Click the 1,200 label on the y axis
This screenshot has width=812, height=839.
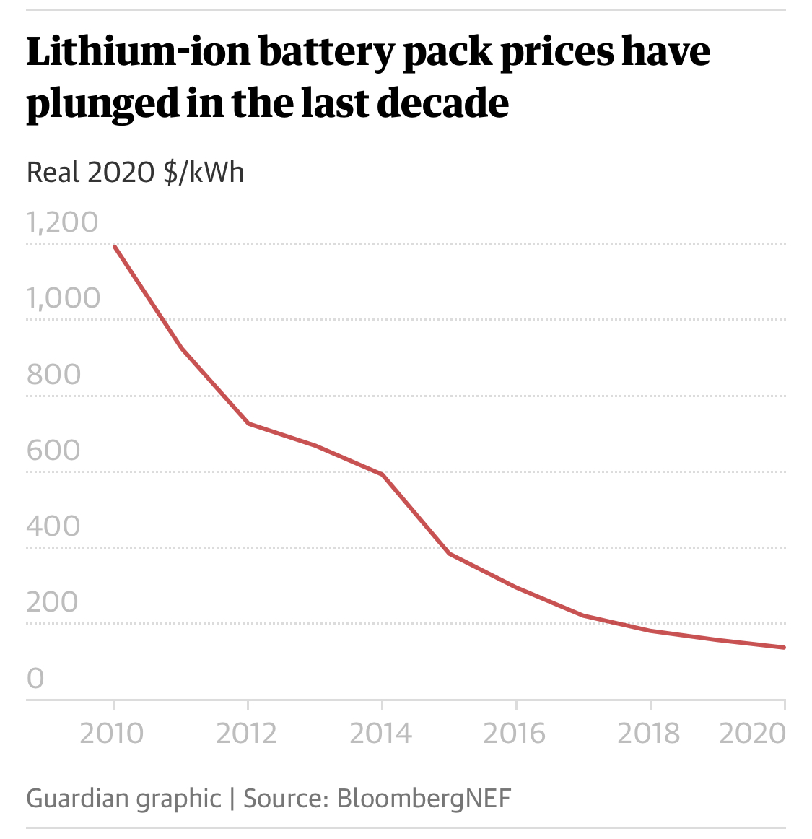(x=62, y=222)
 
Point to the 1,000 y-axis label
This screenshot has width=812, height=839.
(x=64, y=297)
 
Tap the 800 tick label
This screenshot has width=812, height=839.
(x=53, y=374)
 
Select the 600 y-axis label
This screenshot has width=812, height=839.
(x=53, y=450)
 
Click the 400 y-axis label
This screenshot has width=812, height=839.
(x=53, y=526)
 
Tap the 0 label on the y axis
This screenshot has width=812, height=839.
(x=35, y=678)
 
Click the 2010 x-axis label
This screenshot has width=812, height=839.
(x=112, y=733)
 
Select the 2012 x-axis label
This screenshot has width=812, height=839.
(x=247, y=733)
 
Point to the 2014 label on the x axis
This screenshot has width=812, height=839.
(x=380, y=733)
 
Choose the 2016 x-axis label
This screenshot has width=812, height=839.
(x=515, y=733)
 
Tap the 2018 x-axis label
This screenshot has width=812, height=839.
(x=649, y=733)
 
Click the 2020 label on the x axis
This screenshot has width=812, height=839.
(x=753, y=733)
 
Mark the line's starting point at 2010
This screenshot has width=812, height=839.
(x=115, y=247)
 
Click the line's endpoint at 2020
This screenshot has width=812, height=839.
(x=784, y=647)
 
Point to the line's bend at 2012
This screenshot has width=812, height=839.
(x=248, y=423)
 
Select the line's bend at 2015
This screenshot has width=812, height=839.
(x=449, y=554)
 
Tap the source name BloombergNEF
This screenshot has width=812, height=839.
(x=424, y=798)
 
